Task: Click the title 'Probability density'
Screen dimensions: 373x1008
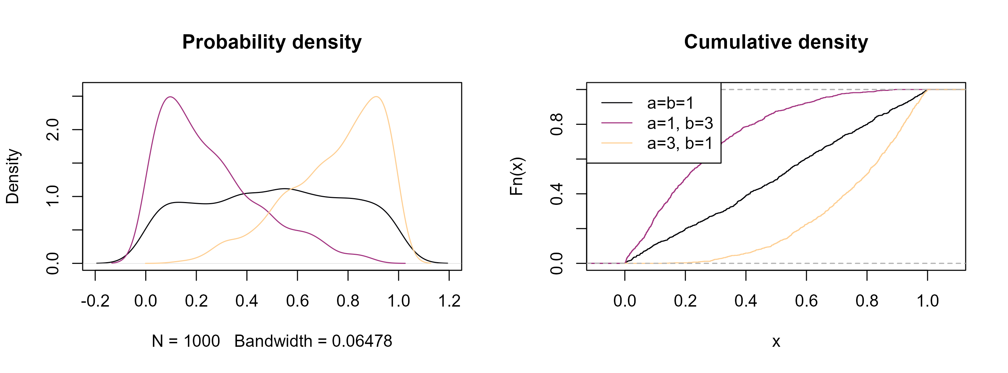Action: click(272, 42)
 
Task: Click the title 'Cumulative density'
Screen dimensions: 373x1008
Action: click(776, 42)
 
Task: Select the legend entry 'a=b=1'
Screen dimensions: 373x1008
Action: click(670, 103)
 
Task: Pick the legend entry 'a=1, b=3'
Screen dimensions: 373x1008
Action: click(680, 123)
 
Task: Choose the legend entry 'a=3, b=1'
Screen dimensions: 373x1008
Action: click(680, 143)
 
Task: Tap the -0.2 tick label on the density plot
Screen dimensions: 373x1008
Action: click(95, 301)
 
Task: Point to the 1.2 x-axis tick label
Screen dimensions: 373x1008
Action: click(449, 301)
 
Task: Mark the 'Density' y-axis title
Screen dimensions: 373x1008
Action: click(13, 176)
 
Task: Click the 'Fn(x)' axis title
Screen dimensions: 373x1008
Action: click(517, 176)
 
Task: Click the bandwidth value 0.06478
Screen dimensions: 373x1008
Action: click(362, 341)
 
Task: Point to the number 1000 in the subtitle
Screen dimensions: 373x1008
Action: click(202, 341)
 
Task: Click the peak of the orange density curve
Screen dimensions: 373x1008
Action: click(376, 96)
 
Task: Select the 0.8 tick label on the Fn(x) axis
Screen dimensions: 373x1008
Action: click(556, 124)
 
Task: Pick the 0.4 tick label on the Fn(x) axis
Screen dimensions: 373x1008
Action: click(556, 194)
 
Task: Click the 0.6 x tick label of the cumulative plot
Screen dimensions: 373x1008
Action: click(806, 301)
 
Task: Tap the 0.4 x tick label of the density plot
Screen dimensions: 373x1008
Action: click(246, 301)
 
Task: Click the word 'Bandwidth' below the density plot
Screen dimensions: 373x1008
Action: click(273, 341)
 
